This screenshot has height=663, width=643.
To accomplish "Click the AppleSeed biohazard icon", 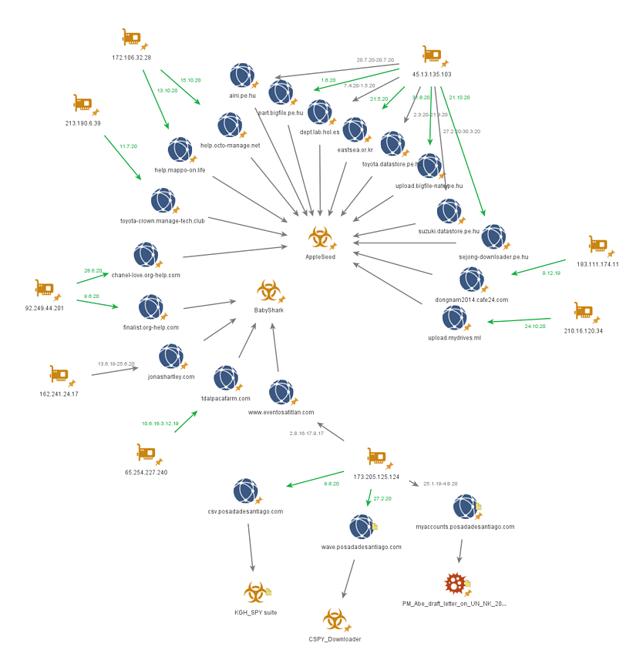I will click(x=318, y=238).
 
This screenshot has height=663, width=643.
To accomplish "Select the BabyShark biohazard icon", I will click(x=268, y=292).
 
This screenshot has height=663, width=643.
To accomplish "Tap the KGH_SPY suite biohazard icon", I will click(x=254, y=593).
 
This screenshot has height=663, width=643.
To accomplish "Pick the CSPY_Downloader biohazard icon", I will click(x=333, y=620).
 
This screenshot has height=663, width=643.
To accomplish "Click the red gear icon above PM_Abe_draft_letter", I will click(x=455, y=584).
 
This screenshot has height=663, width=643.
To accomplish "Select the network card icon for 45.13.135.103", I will click(x=432, y=55).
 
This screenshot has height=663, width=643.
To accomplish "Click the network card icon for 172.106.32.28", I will click(x=132, y=38).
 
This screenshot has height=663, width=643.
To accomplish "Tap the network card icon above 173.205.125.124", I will click(x=376, y=457).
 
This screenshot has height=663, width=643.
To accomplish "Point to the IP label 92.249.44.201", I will click(x=45, y=308).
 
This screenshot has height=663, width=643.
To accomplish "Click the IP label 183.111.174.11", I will click(x=598, y=264).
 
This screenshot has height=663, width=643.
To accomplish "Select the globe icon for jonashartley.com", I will click(x=170, y=357).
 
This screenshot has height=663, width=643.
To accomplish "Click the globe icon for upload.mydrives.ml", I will click(x=454, y=317).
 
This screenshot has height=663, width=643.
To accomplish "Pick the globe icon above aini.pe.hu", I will click(x=241, y=75).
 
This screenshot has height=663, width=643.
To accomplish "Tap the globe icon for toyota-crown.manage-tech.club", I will click(x=162, y=200).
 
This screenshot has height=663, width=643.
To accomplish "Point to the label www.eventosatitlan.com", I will click(x=281, y=412).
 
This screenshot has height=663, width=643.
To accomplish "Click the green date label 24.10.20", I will click(x=535, y=326).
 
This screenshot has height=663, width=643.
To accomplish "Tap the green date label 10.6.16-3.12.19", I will click(x=160, y=423).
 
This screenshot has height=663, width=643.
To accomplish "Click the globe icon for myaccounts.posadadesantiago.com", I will click(x=464, y=507).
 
